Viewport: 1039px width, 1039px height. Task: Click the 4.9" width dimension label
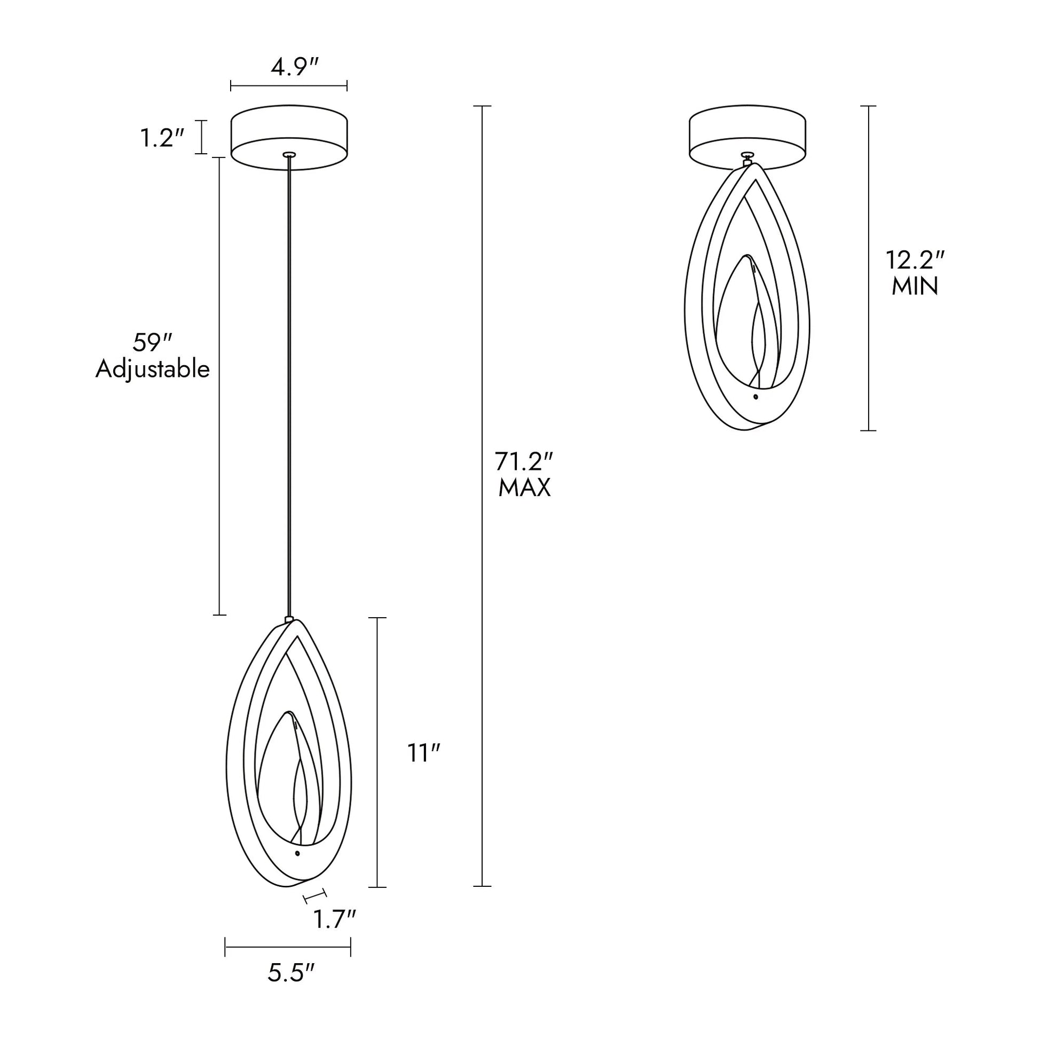(x=295, y=68)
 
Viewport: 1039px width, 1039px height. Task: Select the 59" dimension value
(x=152, y=343)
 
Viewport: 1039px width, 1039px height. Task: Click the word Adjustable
(x=152, y=370)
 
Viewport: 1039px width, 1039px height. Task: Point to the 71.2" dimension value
(x=524, y=461)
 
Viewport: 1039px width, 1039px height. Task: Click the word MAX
(x=524, y=489)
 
